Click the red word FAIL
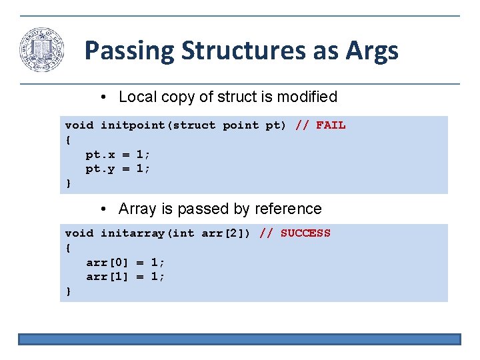pos(331,125)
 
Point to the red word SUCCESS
pos(305,233)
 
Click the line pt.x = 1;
pos(118,154)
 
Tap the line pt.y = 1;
pos(118,169)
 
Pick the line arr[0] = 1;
pos(125,262)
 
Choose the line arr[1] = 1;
pos(125,277)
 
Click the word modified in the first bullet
pos(306,97)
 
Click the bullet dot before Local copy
pos(105,97)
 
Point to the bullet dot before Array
pos(105,209)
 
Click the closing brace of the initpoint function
pos(68,183)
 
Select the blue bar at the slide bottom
pos(239,339)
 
